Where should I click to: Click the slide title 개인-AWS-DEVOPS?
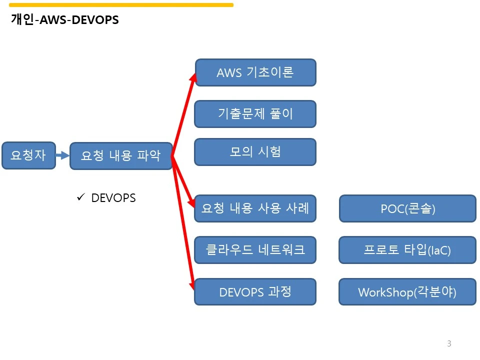64,19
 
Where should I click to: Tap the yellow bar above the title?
121,5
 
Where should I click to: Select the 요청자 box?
29,155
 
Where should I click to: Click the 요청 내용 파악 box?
121,156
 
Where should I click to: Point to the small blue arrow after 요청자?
63,155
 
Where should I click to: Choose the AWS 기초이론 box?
255,72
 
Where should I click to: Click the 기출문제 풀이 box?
255,114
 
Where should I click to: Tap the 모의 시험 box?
255,152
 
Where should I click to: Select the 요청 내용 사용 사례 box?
255,208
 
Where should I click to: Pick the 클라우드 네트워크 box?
255,250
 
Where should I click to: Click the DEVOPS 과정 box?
255,291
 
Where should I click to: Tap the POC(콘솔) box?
408,208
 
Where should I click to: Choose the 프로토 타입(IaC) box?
407,250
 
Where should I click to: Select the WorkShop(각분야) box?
407,291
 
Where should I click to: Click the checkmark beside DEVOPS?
81,197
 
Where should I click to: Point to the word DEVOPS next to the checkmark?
113,198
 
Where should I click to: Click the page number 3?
449,343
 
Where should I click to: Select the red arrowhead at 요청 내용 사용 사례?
191,202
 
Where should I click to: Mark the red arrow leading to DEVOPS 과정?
183,223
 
